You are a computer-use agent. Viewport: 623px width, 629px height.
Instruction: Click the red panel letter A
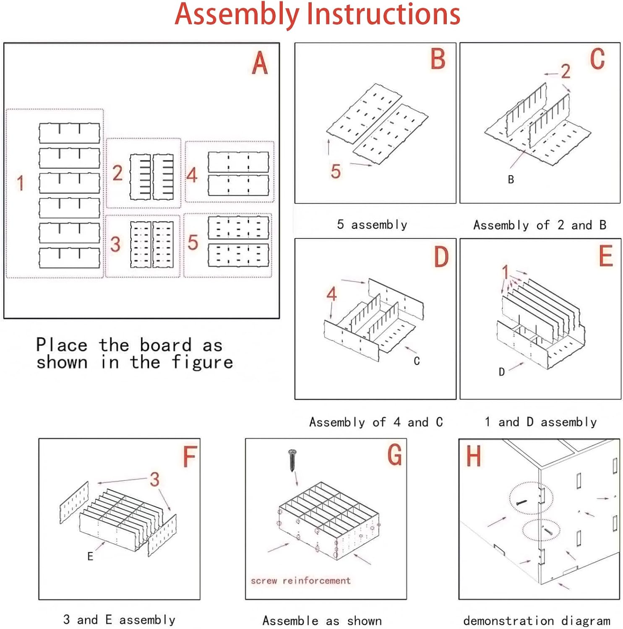coord(260,63)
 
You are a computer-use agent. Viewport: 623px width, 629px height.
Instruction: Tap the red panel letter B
coord(438,59)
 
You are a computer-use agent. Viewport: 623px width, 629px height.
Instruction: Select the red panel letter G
coord(394,455)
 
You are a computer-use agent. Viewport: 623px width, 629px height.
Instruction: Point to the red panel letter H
coord(474,456)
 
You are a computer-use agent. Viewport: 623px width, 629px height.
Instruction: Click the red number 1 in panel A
coord(20,183)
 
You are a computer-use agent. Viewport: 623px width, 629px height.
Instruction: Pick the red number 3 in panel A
coord(115,244)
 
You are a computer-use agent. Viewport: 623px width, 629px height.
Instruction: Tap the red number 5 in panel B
coord(336,172)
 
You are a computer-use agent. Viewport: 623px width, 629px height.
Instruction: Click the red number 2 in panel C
coord(566,71)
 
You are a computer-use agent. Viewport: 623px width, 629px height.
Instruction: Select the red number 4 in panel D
coord(331,294)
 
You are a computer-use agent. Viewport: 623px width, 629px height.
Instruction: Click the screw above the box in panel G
coord(292,460)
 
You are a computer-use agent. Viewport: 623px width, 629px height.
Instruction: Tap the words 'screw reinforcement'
coord(300,581)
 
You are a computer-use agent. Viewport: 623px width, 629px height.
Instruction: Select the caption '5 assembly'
coord(372,225)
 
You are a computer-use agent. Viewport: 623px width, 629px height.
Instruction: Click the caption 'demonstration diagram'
coord(537,620)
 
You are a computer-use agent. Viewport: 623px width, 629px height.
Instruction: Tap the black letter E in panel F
coord(90,556)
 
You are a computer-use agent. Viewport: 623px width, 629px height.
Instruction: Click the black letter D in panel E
coord(501,372)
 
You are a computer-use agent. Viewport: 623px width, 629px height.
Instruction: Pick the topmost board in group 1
coord(69,133)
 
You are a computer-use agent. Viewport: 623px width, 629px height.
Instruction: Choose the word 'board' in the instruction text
coord(166,345)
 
